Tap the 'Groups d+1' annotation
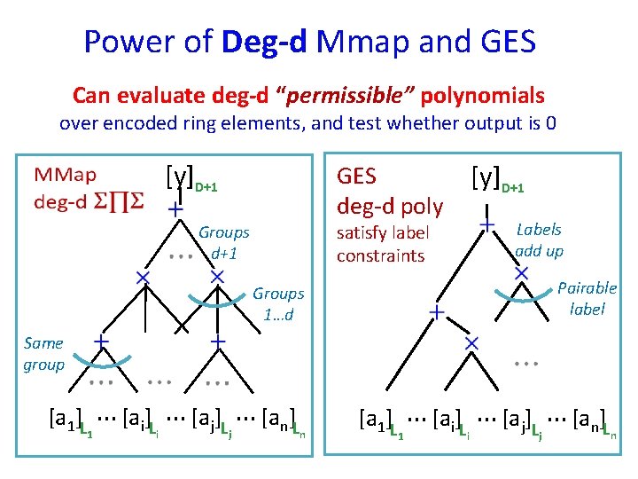coord(223,241)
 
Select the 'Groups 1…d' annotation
coord(278,303)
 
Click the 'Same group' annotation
coord(43,353)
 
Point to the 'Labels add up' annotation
coord(539,239)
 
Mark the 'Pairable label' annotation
coord(587,298)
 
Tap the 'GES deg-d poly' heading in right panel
coord(390,191)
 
